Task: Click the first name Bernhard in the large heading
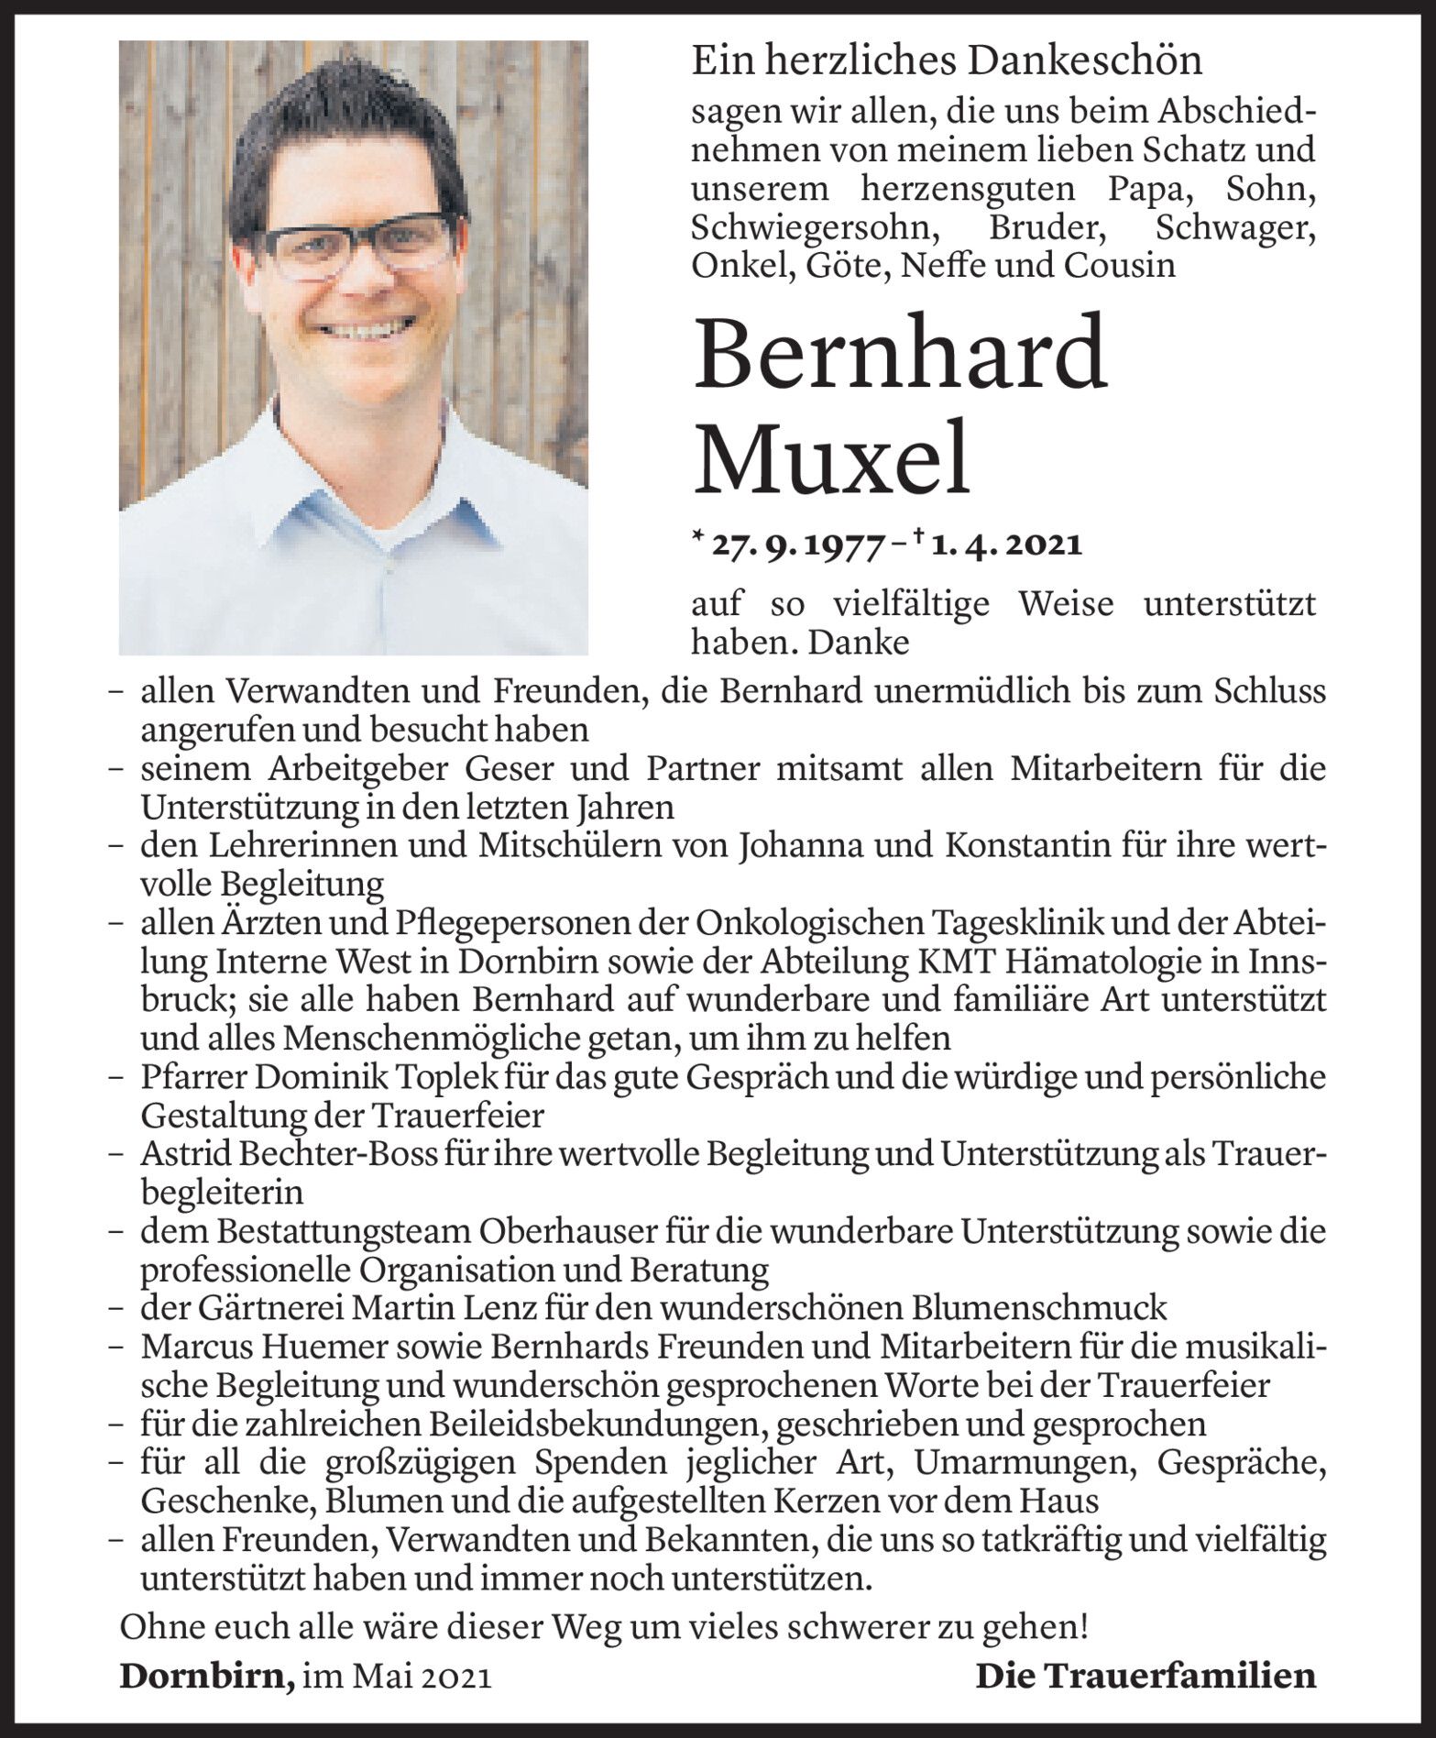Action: [901, 355]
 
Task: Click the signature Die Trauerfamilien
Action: [1146, 1677]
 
